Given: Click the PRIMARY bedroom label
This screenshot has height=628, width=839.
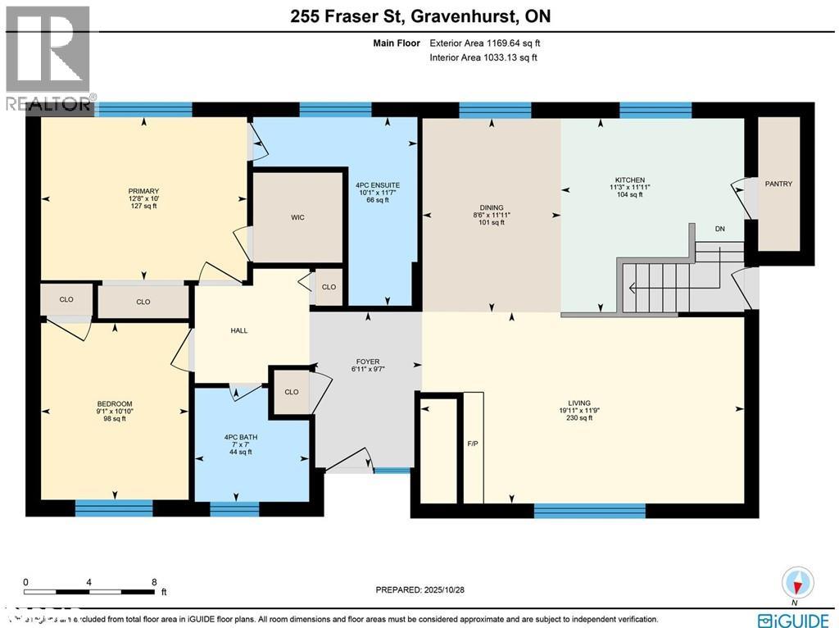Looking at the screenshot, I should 143,191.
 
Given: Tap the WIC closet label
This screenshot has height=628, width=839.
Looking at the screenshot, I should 297,217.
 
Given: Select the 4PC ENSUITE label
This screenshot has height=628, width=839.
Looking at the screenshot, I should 378,185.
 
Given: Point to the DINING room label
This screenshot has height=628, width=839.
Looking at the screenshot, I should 492,207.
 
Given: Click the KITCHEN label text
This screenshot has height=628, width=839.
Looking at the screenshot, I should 630,180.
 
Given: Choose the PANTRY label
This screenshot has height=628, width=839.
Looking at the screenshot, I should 778,184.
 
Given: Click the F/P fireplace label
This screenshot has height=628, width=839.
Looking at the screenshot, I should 473,444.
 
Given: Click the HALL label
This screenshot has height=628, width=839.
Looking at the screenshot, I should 238,330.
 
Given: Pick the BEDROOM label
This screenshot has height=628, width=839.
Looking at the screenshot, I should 115,403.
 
